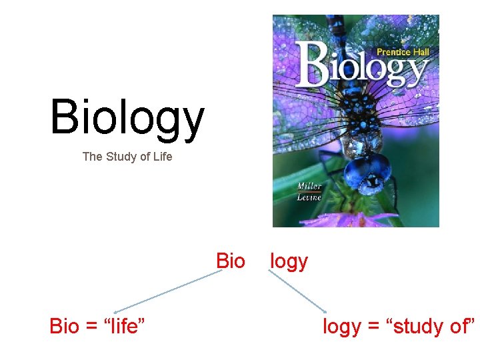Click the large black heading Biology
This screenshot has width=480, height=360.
coord(127,118)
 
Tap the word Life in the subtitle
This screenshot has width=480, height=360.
coord(161,157)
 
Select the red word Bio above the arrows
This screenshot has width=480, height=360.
coord(231,261)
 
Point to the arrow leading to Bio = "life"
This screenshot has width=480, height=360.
coord(167,291)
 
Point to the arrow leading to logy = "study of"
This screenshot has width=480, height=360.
coord(297,291)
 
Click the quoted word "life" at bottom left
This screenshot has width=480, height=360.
coord(123,327)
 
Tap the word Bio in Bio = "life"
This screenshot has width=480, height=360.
coord(64,327)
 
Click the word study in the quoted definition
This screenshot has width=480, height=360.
coord(414,327)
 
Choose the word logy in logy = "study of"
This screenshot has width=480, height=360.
coord(341,327)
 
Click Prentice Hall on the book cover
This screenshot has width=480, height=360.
coord(403,51)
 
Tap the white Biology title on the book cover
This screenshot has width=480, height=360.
coord(363,65)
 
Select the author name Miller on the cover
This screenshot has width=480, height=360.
coord(309,187)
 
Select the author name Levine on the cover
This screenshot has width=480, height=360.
coord(309,197)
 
